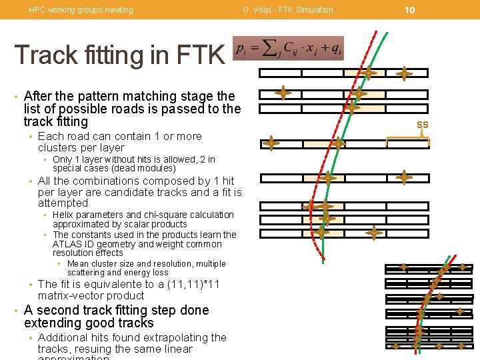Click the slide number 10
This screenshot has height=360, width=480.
coord(410,10)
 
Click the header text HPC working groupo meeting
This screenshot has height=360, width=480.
coord(81,10)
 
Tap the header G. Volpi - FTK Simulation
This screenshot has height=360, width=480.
coord(288,10)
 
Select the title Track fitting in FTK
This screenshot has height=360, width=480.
coord(119,55)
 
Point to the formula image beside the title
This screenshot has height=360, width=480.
coord(288,49)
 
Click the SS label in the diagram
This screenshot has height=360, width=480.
coord(423,125)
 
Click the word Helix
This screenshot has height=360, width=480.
coord(63,215)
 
